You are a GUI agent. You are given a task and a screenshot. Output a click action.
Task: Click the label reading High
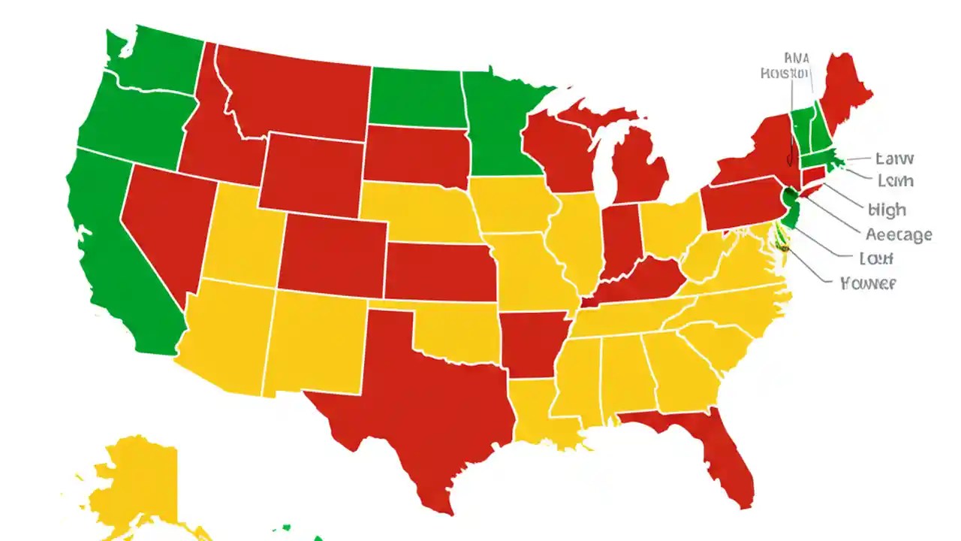point(887,210)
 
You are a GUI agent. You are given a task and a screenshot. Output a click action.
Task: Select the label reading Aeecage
point(899,234)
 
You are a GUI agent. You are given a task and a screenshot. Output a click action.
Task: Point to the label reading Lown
point(895,181)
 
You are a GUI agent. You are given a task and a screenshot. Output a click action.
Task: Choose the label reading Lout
point(875,258)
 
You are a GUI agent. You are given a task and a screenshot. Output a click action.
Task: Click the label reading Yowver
point(868,283)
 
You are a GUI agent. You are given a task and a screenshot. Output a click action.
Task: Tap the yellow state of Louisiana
point(537,413)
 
